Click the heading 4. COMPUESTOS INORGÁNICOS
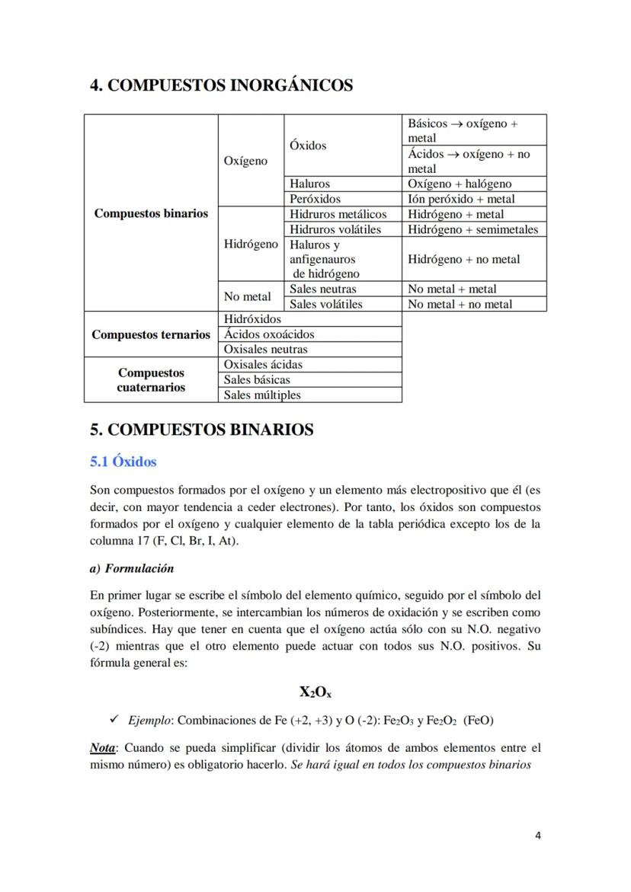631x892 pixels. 221,85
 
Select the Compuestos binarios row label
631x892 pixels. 151,213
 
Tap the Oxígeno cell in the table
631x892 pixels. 245,161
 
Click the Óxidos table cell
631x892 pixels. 308,145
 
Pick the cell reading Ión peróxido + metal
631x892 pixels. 461,199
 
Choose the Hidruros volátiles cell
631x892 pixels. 335,229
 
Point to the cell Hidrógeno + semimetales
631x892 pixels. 472,229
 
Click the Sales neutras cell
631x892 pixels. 322,289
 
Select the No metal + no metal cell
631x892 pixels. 460,304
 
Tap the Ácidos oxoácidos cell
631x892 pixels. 268,334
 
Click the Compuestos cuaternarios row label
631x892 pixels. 151,380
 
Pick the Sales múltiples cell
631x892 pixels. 262,395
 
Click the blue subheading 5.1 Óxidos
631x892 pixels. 123,462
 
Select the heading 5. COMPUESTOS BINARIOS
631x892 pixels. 201,430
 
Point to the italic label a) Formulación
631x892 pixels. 132,568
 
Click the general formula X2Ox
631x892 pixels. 315,692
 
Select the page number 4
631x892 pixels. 538,835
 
